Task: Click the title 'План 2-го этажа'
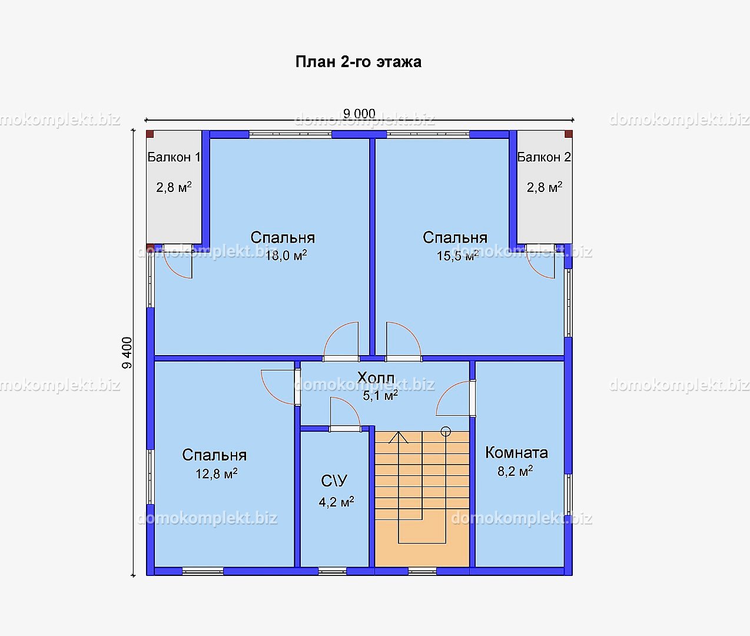359,62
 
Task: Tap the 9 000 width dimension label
359,114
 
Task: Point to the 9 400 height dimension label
127,353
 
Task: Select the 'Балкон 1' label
174,157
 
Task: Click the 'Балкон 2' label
544,157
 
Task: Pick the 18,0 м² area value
286,255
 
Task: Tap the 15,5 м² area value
457,256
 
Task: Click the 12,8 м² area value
217,473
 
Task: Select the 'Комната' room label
516,453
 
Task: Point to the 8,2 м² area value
515,471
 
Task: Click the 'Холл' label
376,377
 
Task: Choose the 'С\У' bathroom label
334,481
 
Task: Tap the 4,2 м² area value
336,502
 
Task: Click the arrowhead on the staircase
399,437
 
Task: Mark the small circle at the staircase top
446,431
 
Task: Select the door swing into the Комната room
446,389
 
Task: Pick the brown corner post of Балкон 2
569,134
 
